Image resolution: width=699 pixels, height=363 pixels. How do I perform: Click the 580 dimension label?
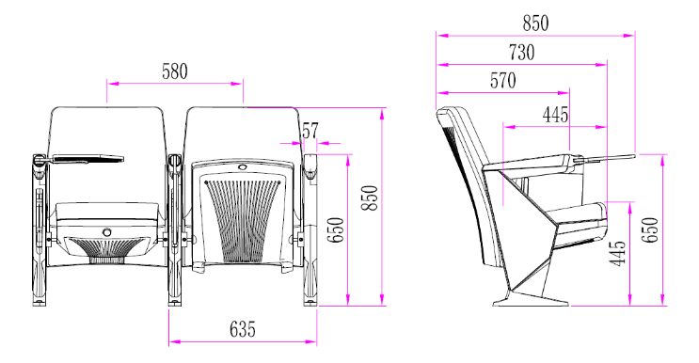click(x=174, y=71)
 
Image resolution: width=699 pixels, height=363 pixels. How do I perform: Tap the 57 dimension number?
click(x=310, y=130)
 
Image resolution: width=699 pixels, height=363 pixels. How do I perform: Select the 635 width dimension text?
click(x=242, y=329)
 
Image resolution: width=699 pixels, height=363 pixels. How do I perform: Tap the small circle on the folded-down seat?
click(x=106, y=230)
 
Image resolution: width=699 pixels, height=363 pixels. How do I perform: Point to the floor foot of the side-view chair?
click(x=532, y=300)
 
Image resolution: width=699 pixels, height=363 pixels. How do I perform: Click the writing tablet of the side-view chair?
click(x=602, y=156)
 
